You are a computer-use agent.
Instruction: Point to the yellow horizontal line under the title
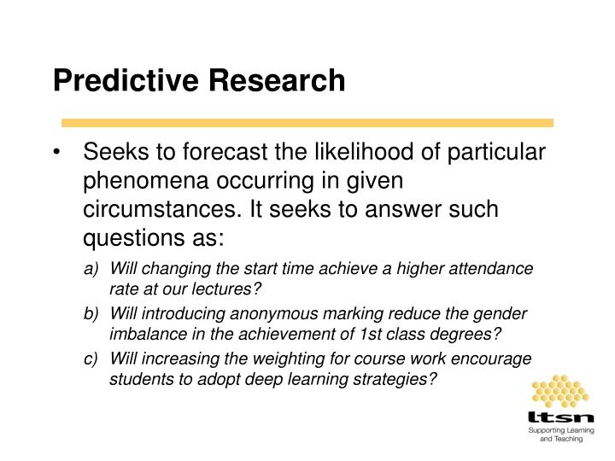[307, 123]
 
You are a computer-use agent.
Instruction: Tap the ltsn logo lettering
[560, 420]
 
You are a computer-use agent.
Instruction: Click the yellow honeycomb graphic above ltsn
[560, 392]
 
